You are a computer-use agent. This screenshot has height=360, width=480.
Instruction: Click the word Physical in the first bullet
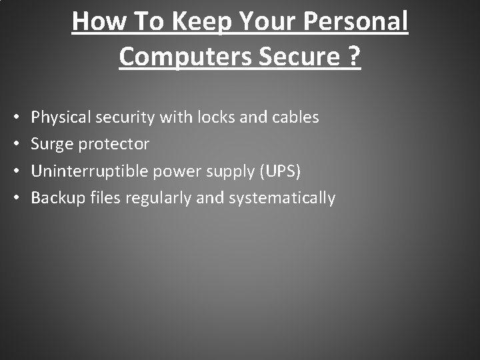coord(63,117)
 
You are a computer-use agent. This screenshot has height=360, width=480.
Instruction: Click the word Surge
coord(51,144)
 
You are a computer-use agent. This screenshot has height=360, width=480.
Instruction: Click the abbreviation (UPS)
coord(281,171)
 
